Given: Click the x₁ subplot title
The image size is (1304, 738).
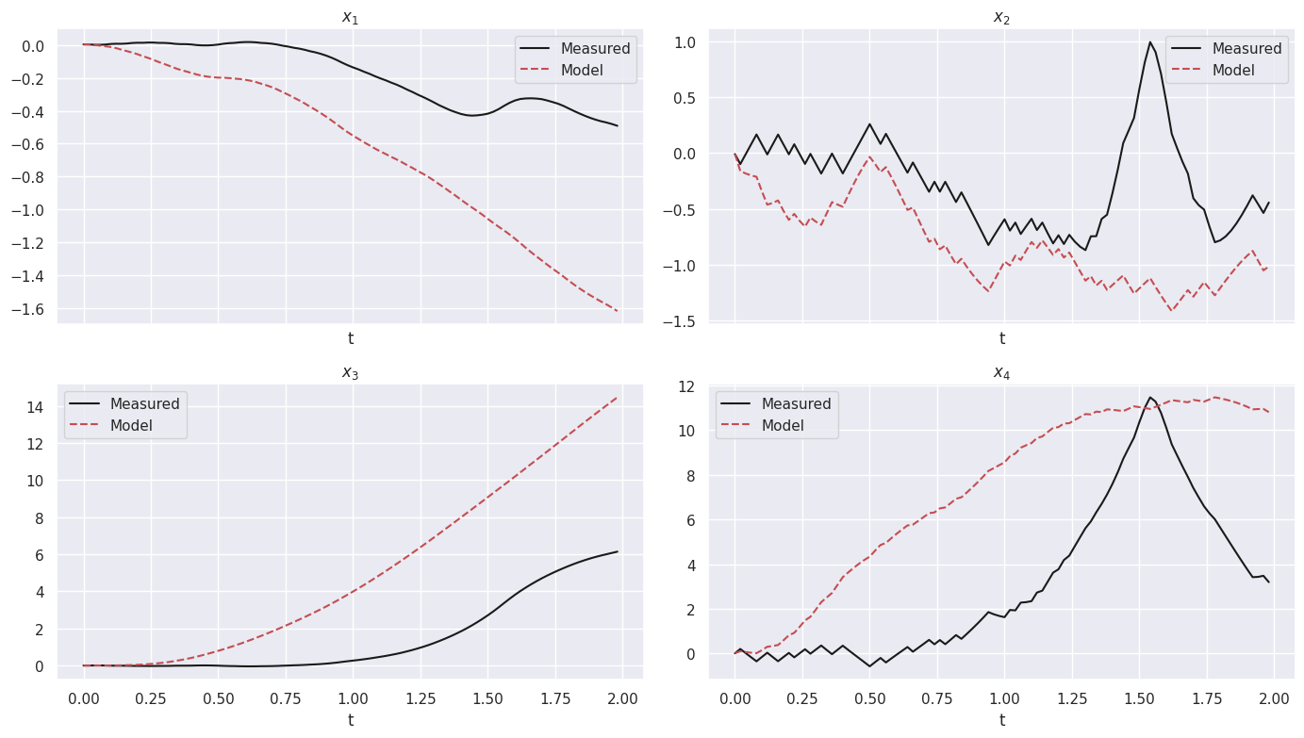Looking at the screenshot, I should point(350,17).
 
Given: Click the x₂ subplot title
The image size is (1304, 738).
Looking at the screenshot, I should point(1001,17).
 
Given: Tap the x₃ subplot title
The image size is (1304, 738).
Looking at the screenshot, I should point(350,373).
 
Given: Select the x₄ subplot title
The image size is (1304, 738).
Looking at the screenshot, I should point(1001,373).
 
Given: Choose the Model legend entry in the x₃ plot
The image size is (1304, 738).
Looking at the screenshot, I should point(131,426).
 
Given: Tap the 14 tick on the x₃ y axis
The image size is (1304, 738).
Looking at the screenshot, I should point(36,407).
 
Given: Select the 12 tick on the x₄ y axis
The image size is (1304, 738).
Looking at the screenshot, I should point(686,386).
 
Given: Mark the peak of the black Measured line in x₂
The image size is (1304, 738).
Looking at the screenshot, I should point(1150,41).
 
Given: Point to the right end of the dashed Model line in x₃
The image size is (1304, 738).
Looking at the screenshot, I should point(618,397).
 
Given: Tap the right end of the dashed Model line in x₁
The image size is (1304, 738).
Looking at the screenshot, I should point(618,311).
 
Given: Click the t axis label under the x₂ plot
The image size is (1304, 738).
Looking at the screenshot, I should point(1001,339).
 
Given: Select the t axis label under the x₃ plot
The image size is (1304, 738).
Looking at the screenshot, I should point(350,721).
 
